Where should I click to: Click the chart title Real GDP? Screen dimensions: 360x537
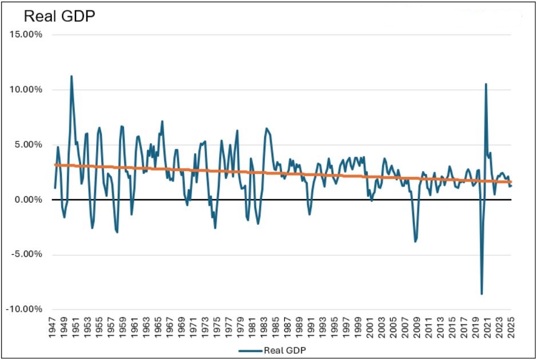pos(59,16)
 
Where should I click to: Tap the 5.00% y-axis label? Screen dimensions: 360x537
pos(28,145)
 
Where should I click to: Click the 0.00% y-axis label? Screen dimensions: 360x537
pos(28,200)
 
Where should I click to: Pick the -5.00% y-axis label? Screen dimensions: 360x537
pos(26,255)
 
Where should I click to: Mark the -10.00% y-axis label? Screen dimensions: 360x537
pos(25,310)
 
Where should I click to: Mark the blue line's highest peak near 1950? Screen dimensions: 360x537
pos(71,76)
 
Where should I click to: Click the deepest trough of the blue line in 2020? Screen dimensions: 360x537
pos(482,294)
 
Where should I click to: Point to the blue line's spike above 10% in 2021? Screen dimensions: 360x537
pos(486,84)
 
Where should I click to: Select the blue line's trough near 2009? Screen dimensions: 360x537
pos(415,242)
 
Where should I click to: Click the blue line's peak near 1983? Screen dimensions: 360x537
pos(266,128)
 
